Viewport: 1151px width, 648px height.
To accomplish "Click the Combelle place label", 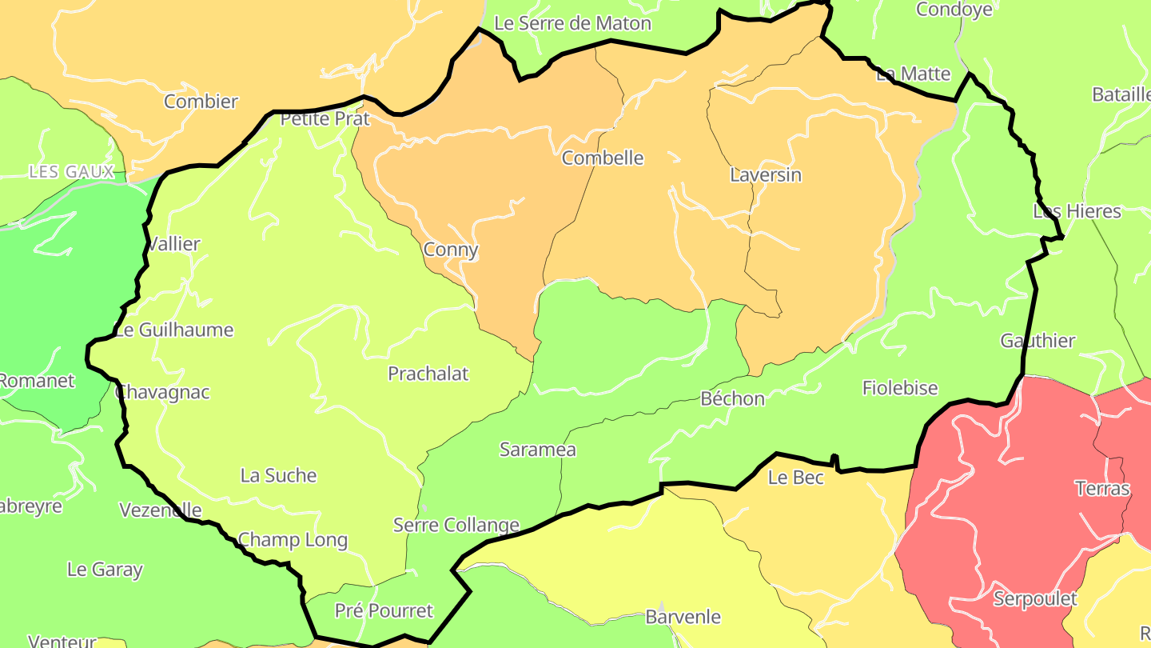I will pyautogui.click(x=603, y=158).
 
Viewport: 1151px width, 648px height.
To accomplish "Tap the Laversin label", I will pyautogui.click(x=766, y=174).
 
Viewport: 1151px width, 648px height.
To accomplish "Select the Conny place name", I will pyautogui.click(x=451, y=250).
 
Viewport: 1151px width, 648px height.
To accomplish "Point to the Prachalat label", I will pyautogui.click(x=428, y=374).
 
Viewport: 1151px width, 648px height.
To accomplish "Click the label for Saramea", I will pyautogui.click(x=538, y=450).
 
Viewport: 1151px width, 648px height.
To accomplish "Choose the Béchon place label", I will pyautogui.click(x=732, y=398).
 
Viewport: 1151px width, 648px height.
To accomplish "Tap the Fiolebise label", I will pyautogui.click(x=900, y=388).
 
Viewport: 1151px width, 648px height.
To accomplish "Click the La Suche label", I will pyautogui.click(x=279, y=475).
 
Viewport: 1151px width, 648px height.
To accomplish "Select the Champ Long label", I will pyautogui.click(x=293, y=540).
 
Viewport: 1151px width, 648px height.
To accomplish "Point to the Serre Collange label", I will pyautogui.click(x=456, y=526).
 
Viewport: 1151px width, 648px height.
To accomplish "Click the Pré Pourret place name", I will pyautogui.click(x=384, y=611).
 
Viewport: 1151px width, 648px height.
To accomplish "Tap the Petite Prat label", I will pyautogui.click(x=325, y=119).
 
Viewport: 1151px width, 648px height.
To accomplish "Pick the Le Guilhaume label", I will pyautogui.click(x=175, y=330).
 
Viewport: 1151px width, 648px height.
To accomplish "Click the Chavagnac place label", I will pyautogui.click(x=163, y=392).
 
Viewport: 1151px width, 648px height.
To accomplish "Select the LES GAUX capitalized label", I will pyautogui.click(x=72, y=172).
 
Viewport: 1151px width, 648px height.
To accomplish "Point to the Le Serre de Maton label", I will pyautogui.click(x=573, y=24).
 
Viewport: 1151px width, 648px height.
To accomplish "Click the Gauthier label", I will pyautogui.click(x=1038, y=341).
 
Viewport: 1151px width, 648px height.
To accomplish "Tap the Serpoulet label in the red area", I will pyautogui.click(x=1035, y=598).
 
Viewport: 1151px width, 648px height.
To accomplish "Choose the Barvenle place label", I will pyautogui.click(x=683, y=617).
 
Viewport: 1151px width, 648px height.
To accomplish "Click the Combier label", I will pyautogui.click(x=201, y=102).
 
